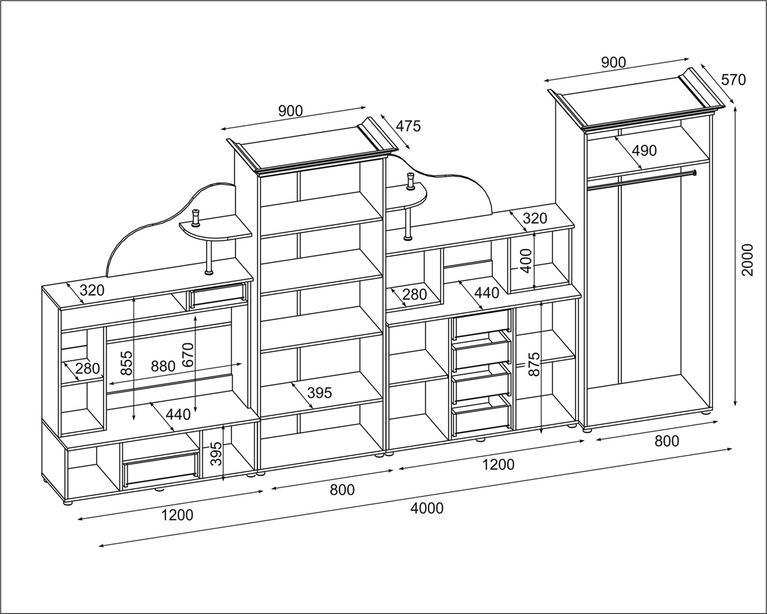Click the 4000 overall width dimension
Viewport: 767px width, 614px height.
pos(427,508)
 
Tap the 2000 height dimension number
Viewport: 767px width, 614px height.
pos(748,260)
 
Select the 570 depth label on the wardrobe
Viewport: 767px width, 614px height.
pos(733,80)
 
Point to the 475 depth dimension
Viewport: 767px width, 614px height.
pos(408,126)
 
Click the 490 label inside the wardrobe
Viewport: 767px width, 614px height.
pos(644,151)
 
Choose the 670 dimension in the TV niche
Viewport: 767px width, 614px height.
pos(188,356)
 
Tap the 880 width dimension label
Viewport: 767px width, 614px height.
pos(163,366)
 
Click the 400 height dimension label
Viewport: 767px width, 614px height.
pos(526,260)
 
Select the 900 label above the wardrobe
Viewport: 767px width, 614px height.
pos(613,62)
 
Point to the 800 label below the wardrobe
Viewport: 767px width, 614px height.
pos(667,441)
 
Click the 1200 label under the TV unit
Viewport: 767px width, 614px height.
pos(177,515)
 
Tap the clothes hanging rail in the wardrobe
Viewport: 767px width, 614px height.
pos(642,180)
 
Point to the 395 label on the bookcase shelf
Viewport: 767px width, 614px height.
pos(319,392)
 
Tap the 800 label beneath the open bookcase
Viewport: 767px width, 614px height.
pos(342,490)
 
